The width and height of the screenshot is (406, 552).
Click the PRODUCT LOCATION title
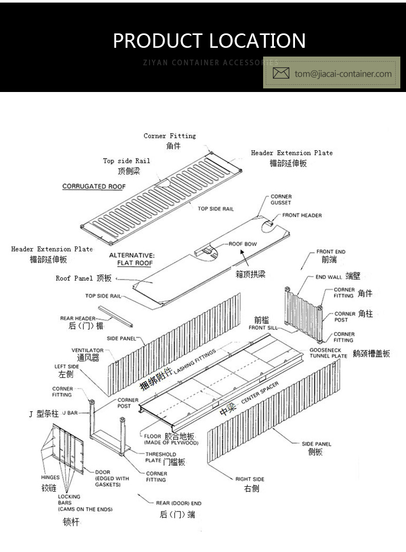pos(209,41)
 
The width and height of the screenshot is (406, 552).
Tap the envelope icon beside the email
pos(281,73)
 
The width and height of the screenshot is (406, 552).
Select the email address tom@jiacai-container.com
pos(343,73)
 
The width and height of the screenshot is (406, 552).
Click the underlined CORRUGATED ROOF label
pos(94,187)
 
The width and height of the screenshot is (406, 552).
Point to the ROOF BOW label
pos(243,244)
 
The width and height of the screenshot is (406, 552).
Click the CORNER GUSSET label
pos(281,199)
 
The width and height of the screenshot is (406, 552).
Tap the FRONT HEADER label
pos(302,215)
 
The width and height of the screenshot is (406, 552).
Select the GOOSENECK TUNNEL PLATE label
pos(328,353)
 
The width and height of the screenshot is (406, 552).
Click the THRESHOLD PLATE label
pos(160,457)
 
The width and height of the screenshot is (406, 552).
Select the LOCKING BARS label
pos(69,500)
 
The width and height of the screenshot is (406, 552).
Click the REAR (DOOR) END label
pos(178,503)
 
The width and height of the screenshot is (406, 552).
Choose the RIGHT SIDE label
pos(250,479)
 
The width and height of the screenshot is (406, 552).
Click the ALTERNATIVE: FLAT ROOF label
pos(132,259)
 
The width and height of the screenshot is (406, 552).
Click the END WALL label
pos(329,277)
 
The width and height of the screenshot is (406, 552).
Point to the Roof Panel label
pos(75,278)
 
